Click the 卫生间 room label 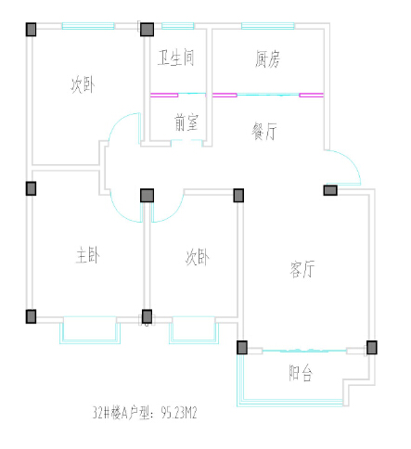[176, 58]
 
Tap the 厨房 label [268, 58]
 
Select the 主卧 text [88, 255]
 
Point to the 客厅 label [302, 269]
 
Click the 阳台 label [301, 373]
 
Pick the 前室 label [186, 122]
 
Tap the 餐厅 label [264, 132]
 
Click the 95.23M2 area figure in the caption [179, 413]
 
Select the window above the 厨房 [268, 26]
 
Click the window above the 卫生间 [178, 26]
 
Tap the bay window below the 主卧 [90, 329]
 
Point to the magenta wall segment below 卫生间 [164, 96]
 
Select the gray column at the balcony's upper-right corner [372, 347]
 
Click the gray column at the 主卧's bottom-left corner [31, 316]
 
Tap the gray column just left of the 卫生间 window [147, 30]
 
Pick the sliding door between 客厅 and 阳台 [304, 351]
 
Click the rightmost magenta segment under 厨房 [312, 96]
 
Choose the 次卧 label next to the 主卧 [198, 257]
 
